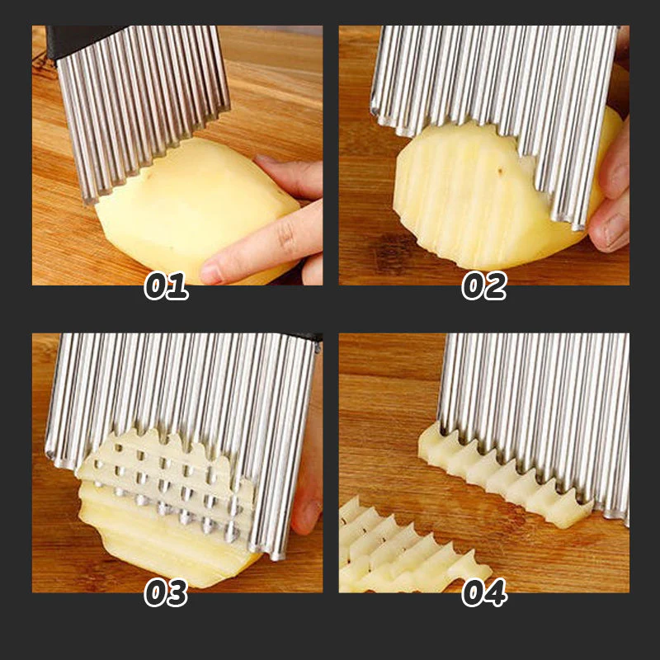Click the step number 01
pos(166,285)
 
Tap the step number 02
pos(483,285)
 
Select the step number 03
pos(166,592)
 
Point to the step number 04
pos(483,592)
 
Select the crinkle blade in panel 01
pos(144,99)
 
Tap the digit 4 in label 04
pos(495,592)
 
